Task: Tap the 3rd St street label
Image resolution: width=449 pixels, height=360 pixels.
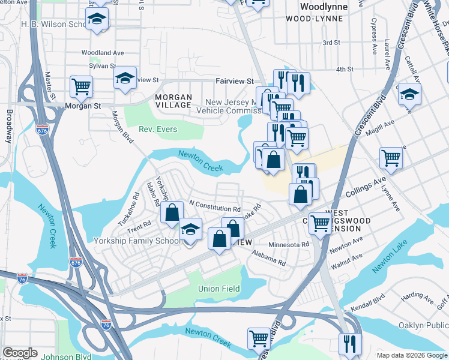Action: click(331, 43)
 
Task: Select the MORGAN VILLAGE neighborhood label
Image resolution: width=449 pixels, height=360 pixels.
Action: click(173, 101)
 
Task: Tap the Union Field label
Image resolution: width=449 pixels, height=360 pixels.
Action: click(219, 289)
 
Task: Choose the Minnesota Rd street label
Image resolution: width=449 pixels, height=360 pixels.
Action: click(288, 244)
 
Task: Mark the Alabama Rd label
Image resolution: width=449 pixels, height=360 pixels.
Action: click(269, 259)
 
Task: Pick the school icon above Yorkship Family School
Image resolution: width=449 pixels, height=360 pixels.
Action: click(190, 229)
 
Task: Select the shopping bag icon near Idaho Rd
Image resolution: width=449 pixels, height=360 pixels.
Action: click(172, 212)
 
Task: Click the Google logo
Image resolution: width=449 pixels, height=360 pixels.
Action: click(20, 353)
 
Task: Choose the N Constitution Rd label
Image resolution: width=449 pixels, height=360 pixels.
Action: click(214, 206)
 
